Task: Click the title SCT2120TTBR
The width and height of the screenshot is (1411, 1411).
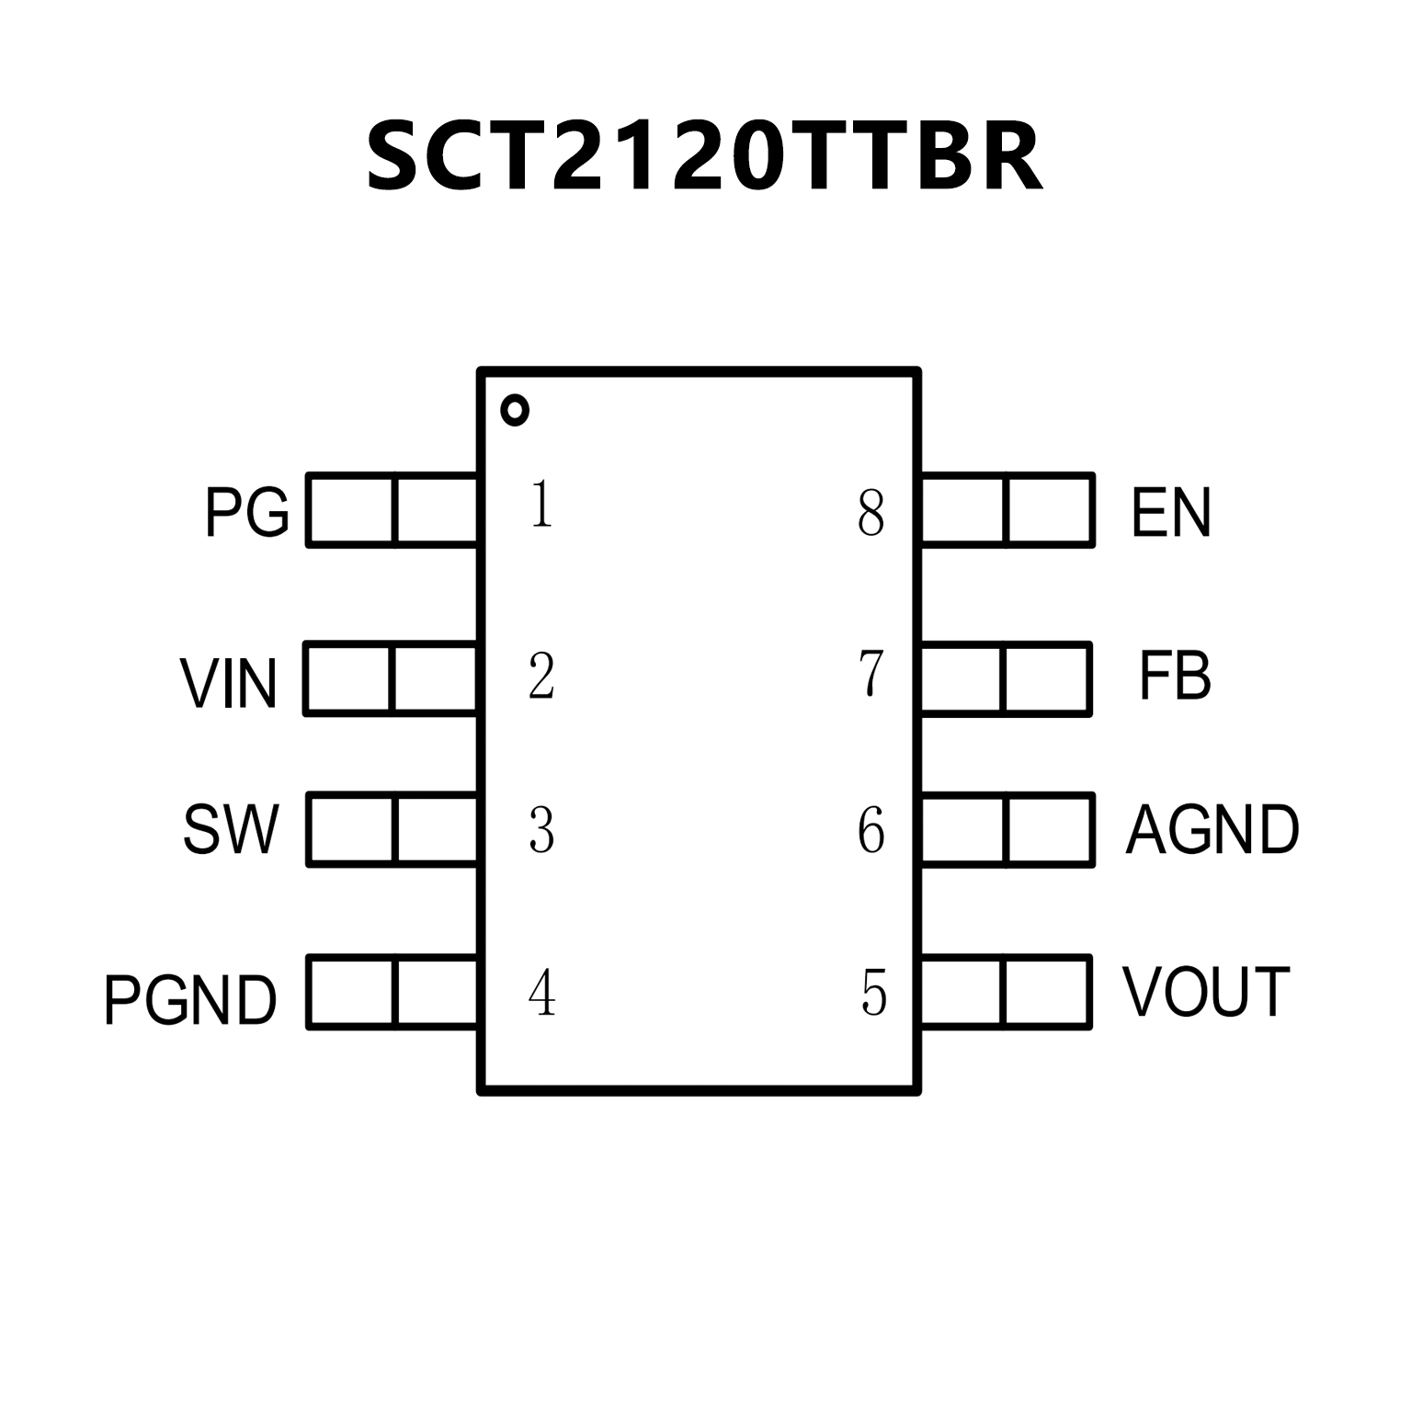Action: [704, 156]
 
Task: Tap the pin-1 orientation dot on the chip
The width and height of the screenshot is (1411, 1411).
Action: [515, 410]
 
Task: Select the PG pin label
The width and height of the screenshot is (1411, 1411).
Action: [246, 512]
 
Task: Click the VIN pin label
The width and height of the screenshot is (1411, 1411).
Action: [229, 683]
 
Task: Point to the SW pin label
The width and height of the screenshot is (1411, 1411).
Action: [231, 830]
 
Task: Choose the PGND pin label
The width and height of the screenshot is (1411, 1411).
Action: [190, 999]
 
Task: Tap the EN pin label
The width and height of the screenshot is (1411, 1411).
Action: [1171, 512]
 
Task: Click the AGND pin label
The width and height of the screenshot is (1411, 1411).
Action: [1212, 830]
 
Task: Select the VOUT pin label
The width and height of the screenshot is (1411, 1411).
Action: [1206, 993]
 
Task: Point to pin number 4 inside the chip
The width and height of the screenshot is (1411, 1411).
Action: [541, 993]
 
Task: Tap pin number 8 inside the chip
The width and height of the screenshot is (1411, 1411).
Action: [870, 513]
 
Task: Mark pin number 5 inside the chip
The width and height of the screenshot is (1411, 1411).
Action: [873, 993]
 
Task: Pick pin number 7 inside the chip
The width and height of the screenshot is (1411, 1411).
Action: [870, 674]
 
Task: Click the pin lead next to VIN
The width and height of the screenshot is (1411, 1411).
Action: [391, 679]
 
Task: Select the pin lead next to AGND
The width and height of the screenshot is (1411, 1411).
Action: [1007, 830]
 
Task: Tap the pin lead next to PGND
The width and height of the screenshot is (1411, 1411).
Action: [393, 993]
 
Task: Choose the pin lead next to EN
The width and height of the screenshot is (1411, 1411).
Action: [1007, 510]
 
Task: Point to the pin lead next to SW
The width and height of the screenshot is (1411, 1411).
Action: [393, 830]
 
